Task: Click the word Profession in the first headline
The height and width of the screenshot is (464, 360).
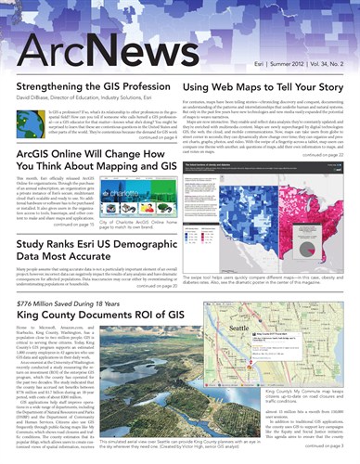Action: click(x=144, y=84)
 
